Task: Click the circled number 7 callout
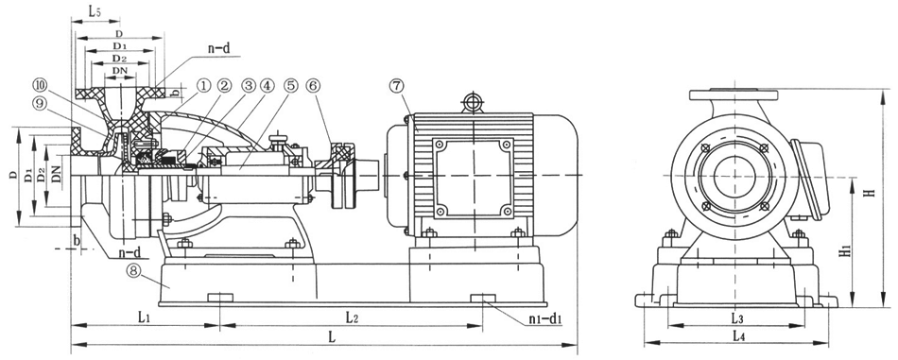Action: click(396, 86)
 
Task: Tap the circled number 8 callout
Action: click(134, 272)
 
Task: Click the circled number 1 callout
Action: click(203, 86)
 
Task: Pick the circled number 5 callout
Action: click(291, 86)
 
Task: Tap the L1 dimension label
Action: click(144, 317)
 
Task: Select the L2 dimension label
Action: click(353, 317)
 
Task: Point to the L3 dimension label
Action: click(736, 317)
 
